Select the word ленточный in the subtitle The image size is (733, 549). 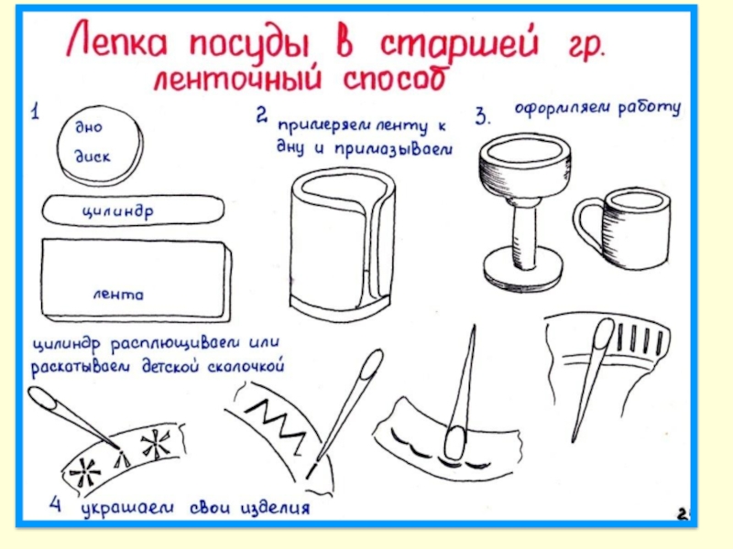238,78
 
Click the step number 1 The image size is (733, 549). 35,112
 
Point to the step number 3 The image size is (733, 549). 483,116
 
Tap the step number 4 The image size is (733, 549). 55,504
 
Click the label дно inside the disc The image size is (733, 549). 89,126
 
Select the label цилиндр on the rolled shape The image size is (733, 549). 118,211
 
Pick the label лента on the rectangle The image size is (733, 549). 118,295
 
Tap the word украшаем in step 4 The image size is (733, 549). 127,509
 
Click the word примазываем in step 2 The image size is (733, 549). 393,149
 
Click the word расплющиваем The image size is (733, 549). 175,346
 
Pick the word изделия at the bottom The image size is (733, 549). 275,508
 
